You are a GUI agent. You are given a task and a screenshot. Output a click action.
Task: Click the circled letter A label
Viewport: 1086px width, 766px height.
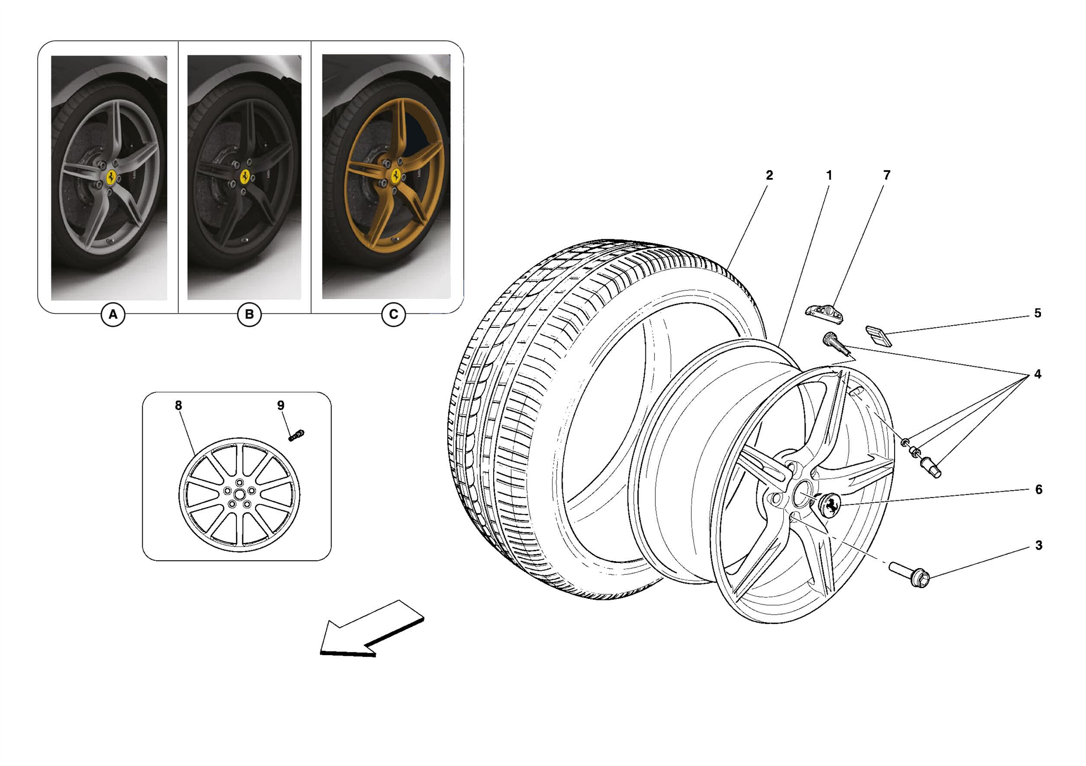[113, 315]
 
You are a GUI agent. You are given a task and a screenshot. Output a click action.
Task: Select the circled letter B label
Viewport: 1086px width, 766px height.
[249, 315]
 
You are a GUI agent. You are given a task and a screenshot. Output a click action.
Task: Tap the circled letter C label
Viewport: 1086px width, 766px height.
[393, 315]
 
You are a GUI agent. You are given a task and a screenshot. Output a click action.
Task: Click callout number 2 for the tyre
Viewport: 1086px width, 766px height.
[769, 175]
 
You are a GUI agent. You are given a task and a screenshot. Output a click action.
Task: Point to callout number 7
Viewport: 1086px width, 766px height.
[887, 175]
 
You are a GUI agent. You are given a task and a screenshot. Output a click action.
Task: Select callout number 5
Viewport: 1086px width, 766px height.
[1038, 313]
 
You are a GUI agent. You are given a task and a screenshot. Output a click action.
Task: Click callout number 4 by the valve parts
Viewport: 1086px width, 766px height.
[1038, 374]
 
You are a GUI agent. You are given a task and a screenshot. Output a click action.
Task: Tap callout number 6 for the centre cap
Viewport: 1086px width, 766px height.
[1038, 489]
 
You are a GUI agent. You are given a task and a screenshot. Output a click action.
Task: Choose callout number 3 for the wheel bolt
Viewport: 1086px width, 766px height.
[1038, 545]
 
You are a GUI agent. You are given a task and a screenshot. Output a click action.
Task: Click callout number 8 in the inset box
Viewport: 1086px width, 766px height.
[178, 405]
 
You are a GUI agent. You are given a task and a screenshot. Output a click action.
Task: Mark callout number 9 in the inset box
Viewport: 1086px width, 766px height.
[281, 405]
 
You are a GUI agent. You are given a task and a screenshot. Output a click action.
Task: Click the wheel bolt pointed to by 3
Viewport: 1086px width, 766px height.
[910, 574]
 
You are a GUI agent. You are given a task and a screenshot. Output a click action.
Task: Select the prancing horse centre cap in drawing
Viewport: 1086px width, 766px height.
[830, 504]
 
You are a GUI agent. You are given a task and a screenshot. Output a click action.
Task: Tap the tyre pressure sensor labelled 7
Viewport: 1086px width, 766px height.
[825, 314]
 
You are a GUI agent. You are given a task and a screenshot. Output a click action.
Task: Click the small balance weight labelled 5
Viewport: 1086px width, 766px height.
[879, 336]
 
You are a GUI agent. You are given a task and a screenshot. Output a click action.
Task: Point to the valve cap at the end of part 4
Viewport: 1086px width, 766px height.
[931, 467]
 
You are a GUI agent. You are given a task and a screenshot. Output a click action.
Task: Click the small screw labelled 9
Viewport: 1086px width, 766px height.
[296, 435]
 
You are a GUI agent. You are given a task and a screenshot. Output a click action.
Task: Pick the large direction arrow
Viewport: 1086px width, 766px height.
[371, 630]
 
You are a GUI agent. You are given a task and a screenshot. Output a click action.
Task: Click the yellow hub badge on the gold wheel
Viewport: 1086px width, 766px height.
[396, 176]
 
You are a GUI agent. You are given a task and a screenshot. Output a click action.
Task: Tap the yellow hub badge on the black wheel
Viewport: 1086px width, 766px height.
[245, 177]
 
